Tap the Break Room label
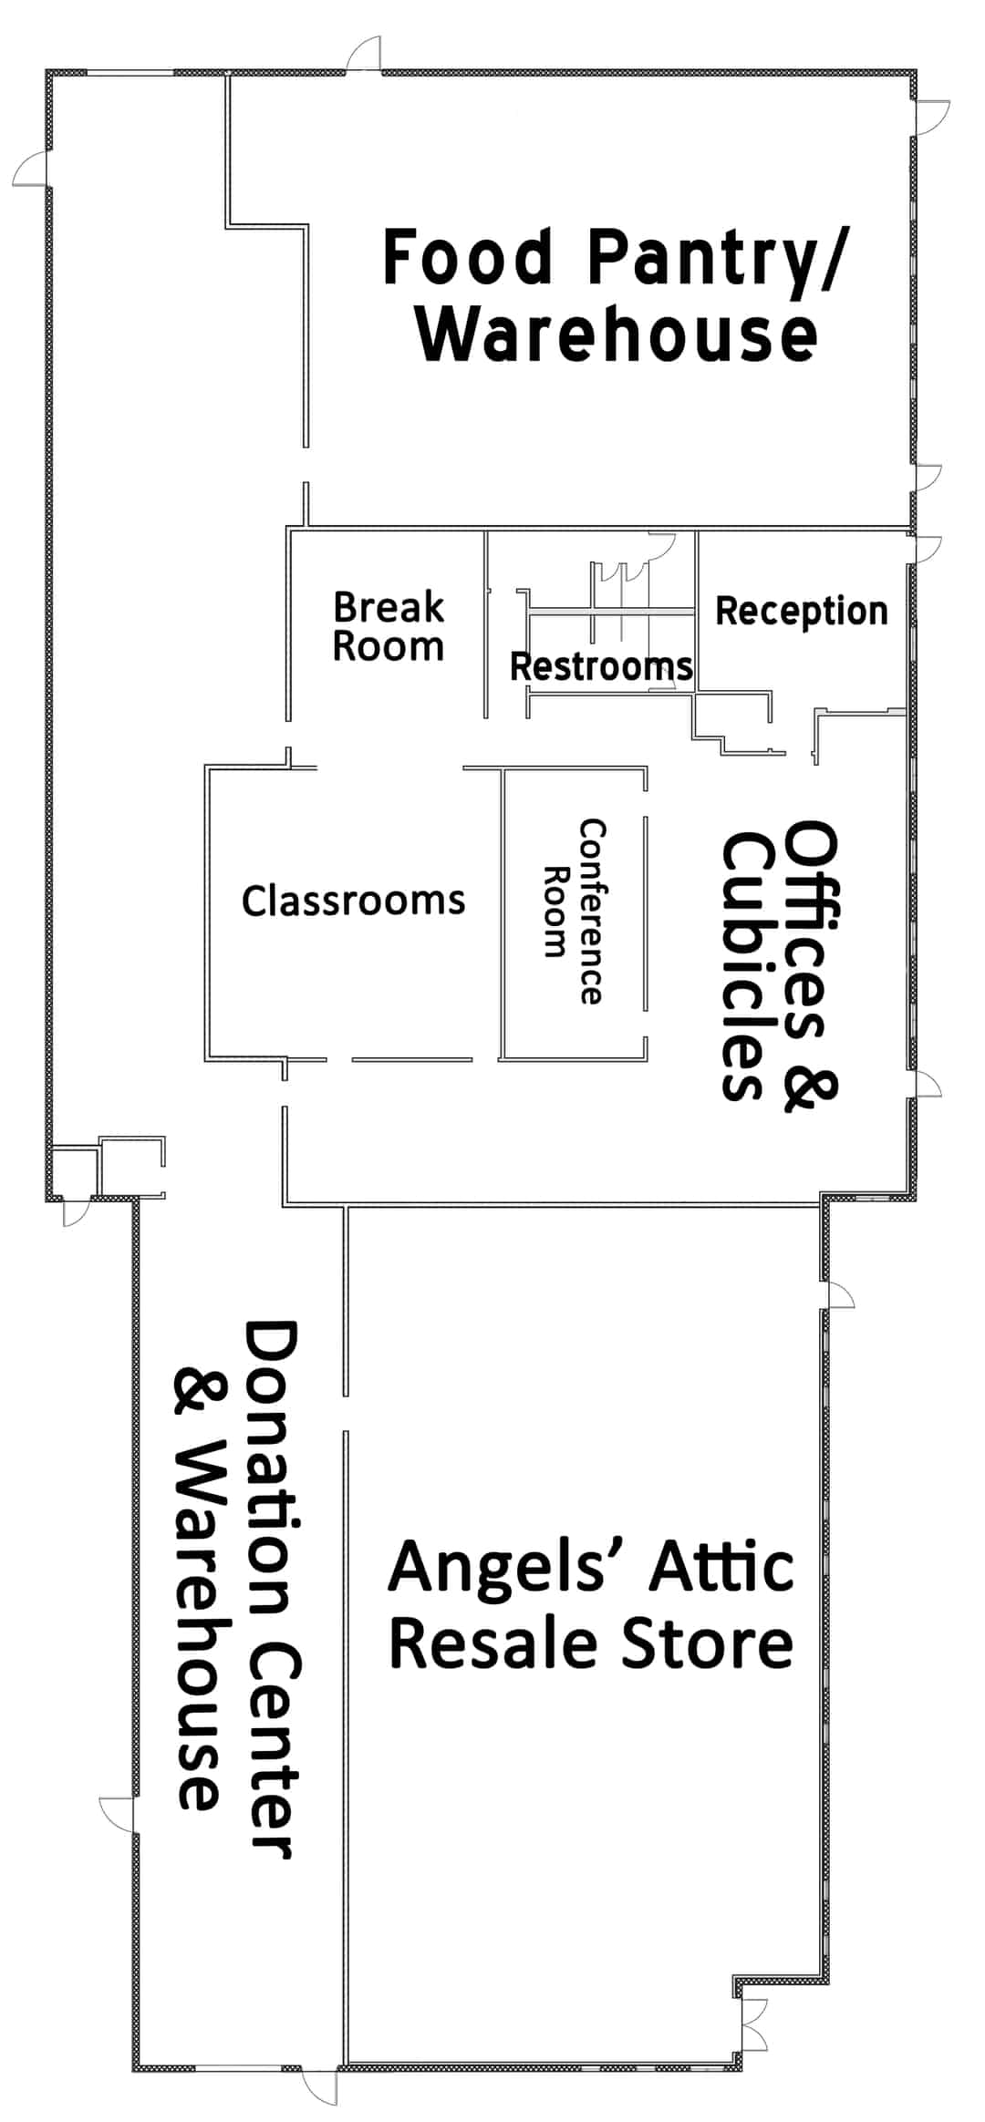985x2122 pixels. pos(389,626)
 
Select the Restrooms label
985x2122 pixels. pos(601,666)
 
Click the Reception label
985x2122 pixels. pos(802,612)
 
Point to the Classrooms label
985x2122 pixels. pos(354,901)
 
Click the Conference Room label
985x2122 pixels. pos(574,912)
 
